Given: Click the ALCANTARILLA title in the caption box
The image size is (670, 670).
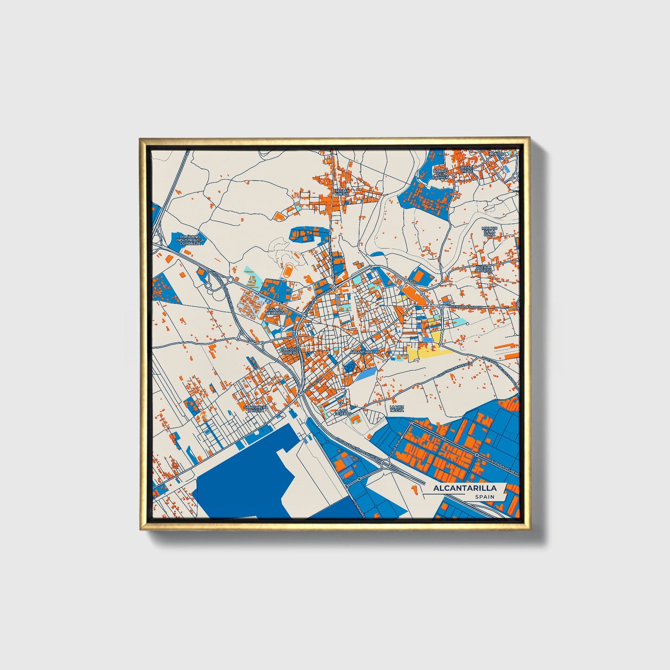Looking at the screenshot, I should [x=465, y=488].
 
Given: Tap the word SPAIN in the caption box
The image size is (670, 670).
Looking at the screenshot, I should [x=484, y=497].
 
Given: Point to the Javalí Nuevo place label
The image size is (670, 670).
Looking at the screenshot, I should [x=342, y=192].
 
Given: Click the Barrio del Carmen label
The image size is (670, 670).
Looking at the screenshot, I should [x=440, y=173].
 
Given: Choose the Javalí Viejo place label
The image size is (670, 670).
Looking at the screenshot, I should [x=466, y=169].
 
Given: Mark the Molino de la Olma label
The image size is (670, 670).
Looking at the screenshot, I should [x=489, y=231].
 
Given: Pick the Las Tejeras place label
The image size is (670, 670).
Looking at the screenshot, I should [x=344, y=412].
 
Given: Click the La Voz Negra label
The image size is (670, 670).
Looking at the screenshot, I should [x=397, y=408].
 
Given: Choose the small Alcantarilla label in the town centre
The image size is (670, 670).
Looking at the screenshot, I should [x=364, y=352].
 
